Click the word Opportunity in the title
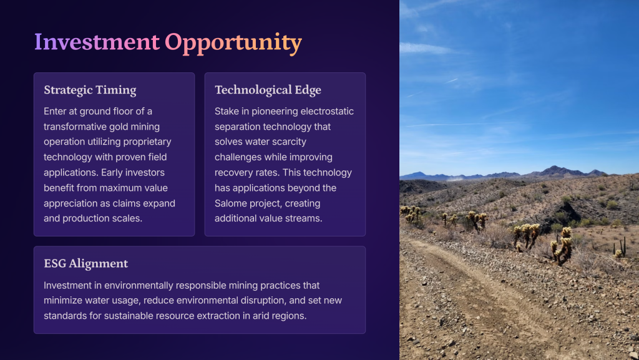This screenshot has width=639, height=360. [233, 43]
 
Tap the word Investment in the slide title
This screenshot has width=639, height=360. [97, 42]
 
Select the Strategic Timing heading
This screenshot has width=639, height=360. [90, 90]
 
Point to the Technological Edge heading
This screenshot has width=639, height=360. [268, 90]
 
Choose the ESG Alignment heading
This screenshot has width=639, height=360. [86, 263]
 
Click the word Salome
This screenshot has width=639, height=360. [230, 203]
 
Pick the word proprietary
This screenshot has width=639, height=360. [151, 142]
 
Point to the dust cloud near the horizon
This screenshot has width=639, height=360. [456, 178]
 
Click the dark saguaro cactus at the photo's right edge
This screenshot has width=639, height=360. [620, 247]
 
